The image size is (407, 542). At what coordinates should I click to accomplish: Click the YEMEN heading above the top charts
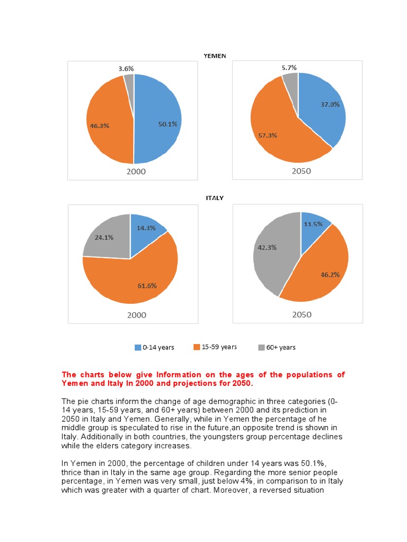[x=215, y=56]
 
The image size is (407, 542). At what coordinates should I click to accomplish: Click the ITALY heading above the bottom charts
[x=215, y=198]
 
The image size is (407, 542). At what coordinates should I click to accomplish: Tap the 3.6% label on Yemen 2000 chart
[x=126, y=69]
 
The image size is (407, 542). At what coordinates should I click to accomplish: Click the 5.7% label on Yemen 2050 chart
[x=289, y=67]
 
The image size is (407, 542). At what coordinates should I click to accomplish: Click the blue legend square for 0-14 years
[x=138, y=348]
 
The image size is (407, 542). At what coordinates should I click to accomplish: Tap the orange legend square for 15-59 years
[x=197, y=347]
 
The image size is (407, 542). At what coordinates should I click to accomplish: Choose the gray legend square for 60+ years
[x=261, y=348]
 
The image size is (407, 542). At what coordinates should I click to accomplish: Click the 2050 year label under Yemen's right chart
[x=301, y=171]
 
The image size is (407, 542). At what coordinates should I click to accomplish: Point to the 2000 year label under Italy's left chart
[x=136, y=315]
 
